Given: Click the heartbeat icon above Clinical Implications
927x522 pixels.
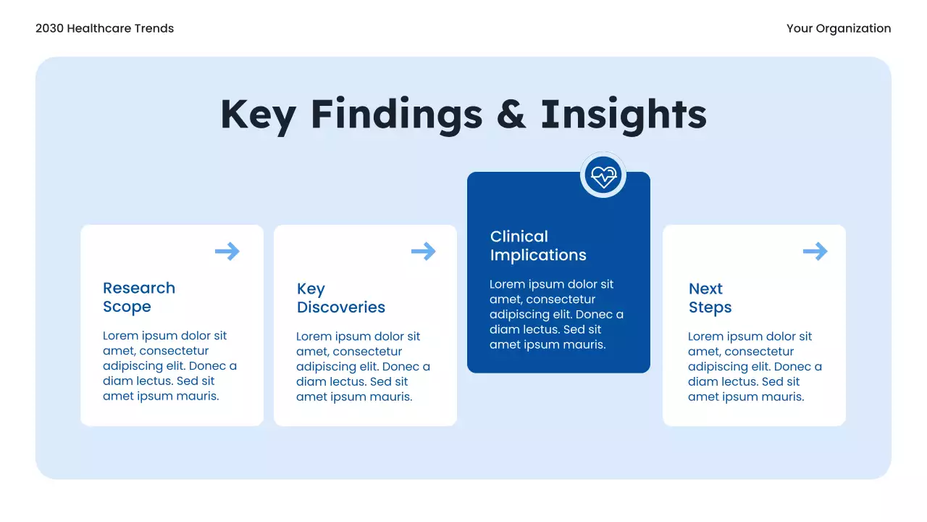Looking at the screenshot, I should click(x=603, y=175).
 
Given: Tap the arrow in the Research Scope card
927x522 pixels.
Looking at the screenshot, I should click(x=227, y=252).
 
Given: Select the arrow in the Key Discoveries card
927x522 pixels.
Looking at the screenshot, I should click(x=424, y=252).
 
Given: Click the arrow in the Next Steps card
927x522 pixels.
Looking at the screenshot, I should click(x=815, y=252).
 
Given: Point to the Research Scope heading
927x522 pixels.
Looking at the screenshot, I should click(x=139, y=297).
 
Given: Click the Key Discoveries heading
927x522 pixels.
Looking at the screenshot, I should click(x=340, y=298).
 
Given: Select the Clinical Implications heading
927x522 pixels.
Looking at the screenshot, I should click(x=538, y=246).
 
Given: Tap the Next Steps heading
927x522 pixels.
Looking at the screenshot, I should click(x=710, y=298).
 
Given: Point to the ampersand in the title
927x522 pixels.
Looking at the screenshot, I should click(x=511, y=115).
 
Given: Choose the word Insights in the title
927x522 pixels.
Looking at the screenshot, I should click(x=624, y=115).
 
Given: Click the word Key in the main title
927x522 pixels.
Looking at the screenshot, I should click(x=257, y=115).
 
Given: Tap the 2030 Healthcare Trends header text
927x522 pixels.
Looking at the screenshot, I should click(x=104, y=28).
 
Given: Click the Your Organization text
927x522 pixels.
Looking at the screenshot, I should click(x=839, y=28).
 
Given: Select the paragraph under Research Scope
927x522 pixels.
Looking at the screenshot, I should click(x=169, y=366).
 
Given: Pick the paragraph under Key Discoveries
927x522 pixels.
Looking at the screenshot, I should click(x=363, y=367).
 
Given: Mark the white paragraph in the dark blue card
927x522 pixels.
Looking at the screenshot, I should click(x=556, y=315).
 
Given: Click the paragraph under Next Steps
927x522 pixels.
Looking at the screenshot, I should click(x=755, y=367).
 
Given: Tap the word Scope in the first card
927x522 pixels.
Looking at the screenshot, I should click(x=127, y=307).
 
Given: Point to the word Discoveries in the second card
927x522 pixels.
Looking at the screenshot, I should click(x=340, y=307).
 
